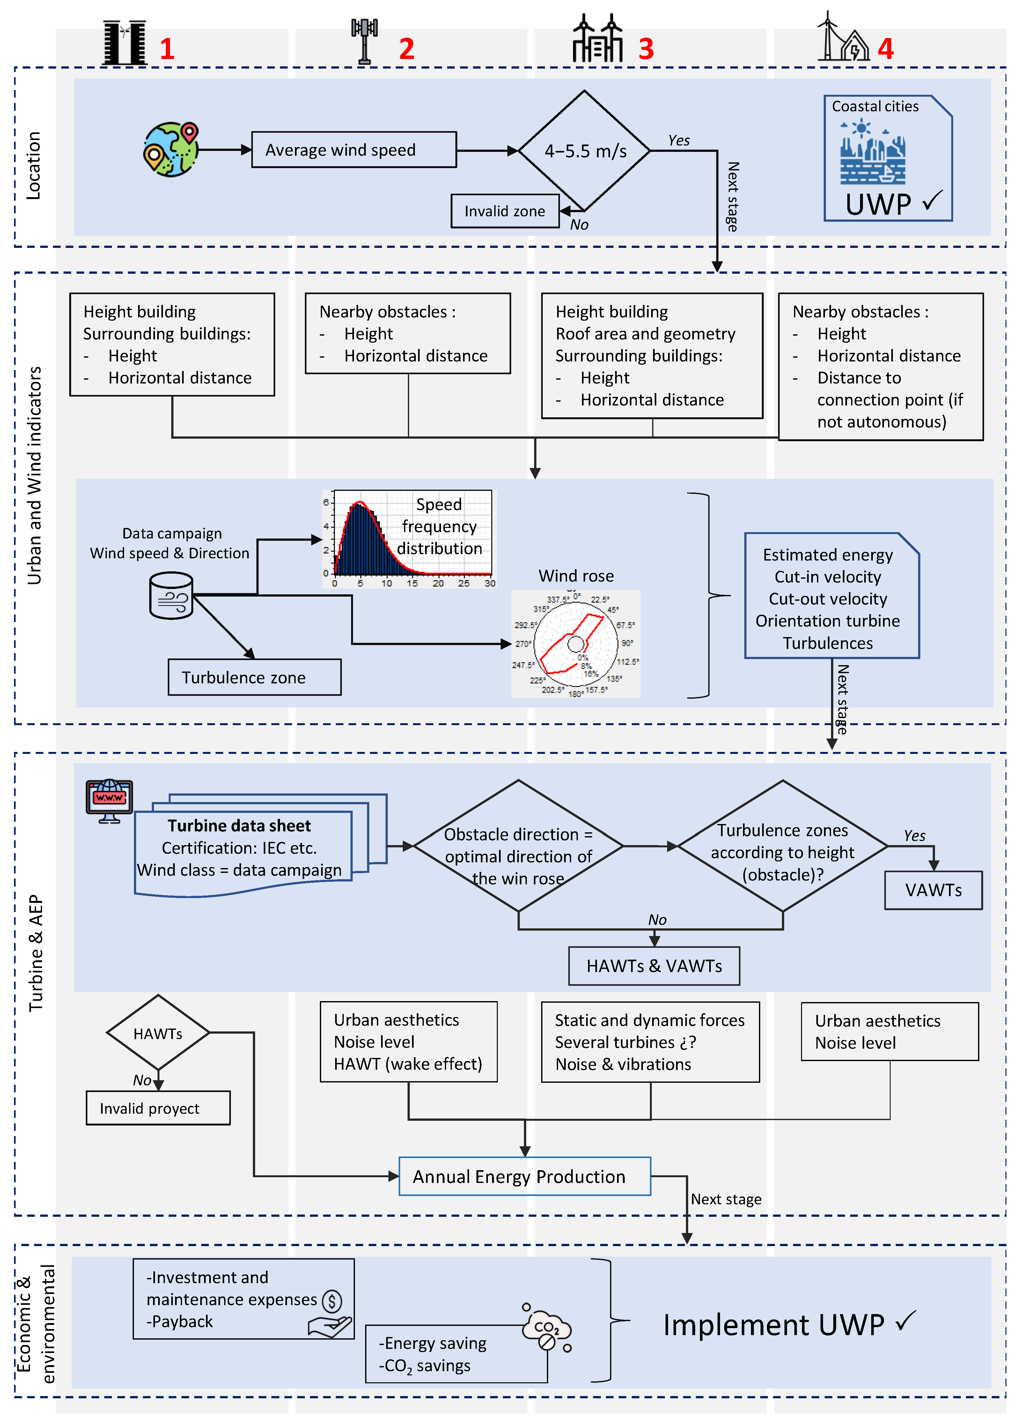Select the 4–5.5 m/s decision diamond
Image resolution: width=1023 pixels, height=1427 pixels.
coord(584,151)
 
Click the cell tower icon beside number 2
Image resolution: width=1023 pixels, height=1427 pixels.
coord(365,41)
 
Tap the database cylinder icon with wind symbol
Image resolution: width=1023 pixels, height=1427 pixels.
coord(171,596)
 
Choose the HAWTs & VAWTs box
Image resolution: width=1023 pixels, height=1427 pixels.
coord(654,966)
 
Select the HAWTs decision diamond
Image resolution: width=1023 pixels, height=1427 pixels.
coord(158,1033)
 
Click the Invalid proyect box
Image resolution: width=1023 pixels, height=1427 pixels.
coord(158,1108)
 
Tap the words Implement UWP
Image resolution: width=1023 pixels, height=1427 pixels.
coord(773,1325)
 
